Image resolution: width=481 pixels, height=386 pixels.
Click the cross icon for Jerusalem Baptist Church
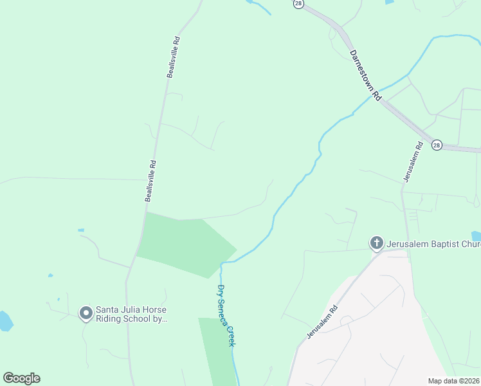[x=376, y=243]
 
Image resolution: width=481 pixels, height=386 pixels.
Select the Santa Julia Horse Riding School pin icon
[x=86, y=313]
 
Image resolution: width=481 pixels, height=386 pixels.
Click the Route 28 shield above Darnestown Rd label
[x=298, y=3]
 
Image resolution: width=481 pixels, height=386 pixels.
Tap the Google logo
[x=21, y=378]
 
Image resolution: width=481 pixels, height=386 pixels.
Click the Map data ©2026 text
[x=453, y=381]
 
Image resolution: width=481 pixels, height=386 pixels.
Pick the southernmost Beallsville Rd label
[x=151, y=181]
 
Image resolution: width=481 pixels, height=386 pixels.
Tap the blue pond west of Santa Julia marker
[x=5, y=320]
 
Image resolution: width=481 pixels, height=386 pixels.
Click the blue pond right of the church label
[x=476, y=236]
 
